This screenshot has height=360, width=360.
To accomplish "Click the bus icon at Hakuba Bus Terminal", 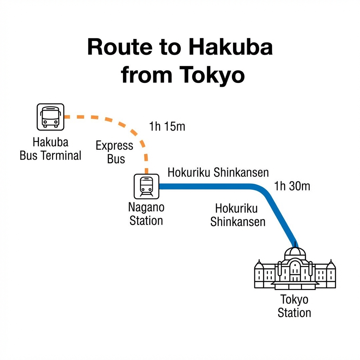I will (50, 117).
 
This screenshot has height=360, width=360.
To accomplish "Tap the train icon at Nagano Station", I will (146, 186).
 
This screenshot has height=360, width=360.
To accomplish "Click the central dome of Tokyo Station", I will (295, 253).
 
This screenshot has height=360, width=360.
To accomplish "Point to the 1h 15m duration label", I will (167, 127).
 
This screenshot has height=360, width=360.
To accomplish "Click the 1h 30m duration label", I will (292, 186).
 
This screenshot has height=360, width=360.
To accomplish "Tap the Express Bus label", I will (115, 152).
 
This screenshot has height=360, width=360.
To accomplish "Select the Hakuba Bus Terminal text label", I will (50, 149).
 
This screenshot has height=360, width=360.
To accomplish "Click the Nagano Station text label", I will (146, 214).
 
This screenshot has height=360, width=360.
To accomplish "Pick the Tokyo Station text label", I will (294, 306).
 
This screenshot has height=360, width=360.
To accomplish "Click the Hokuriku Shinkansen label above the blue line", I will (218, 173).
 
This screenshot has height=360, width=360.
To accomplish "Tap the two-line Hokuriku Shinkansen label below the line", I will (238, 215).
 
